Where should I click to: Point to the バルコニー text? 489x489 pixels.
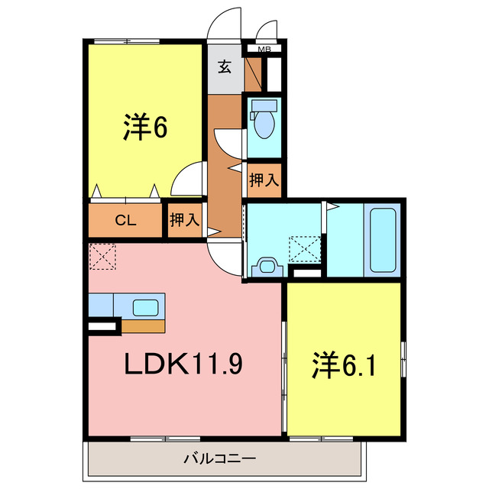point(219,459)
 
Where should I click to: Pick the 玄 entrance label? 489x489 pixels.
point(225,67)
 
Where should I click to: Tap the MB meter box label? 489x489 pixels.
point(264,50)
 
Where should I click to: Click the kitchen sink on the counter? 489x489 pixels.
point(147,307)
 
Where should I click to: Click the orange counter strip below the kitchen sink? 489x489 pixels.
point(144,326)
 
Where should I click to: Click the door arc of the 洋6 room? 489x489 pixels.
point(186,180)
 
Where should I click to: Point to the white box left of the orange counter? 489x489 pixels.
point(103,327)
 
